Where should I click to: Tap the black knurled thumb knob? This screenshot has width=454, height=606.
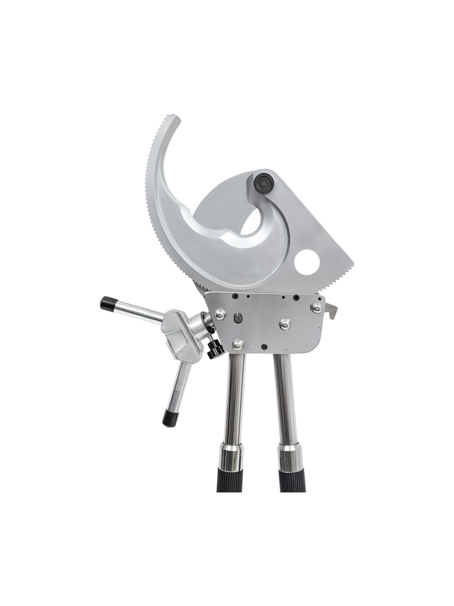point(214,349)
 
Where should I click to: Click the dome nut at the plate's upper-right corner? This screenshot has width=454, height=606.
point(316,307)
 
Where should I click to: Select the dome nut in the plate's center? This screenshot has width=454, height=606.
point(285,324)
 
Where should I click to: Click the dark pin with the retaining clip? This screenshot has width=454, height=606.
point(237,320)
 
